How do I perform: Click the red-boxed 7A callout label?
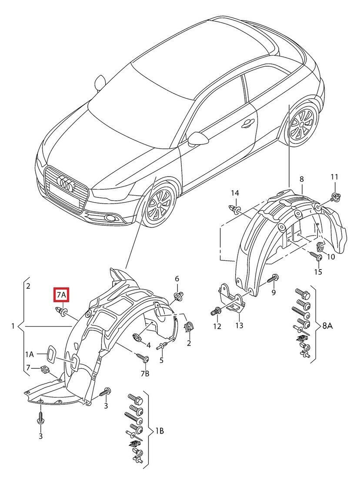click(61, 295)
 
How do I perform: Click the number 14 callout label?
click(235, 193)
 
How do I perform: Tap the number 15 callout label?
click(318, 272)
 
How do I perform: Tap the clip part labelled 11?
click(335, 197)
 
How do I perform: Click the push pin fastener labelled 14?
click(235, 210)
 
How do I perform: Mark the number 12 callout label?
click(217, 326)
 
